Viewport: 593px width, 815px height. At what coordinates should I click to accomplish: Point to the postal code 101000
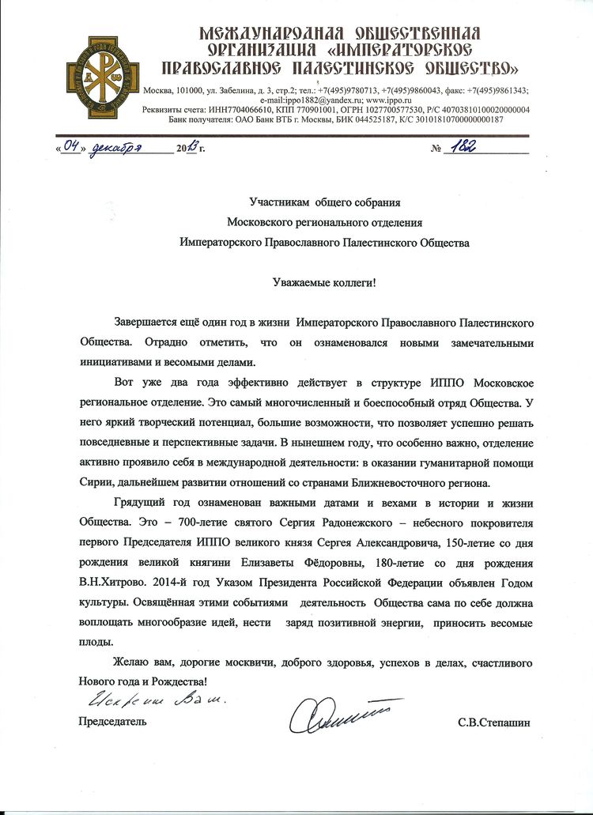211,90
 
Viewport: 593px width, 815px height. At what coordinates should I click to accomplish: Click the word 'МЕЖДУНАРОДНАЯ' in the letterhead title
272,32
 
